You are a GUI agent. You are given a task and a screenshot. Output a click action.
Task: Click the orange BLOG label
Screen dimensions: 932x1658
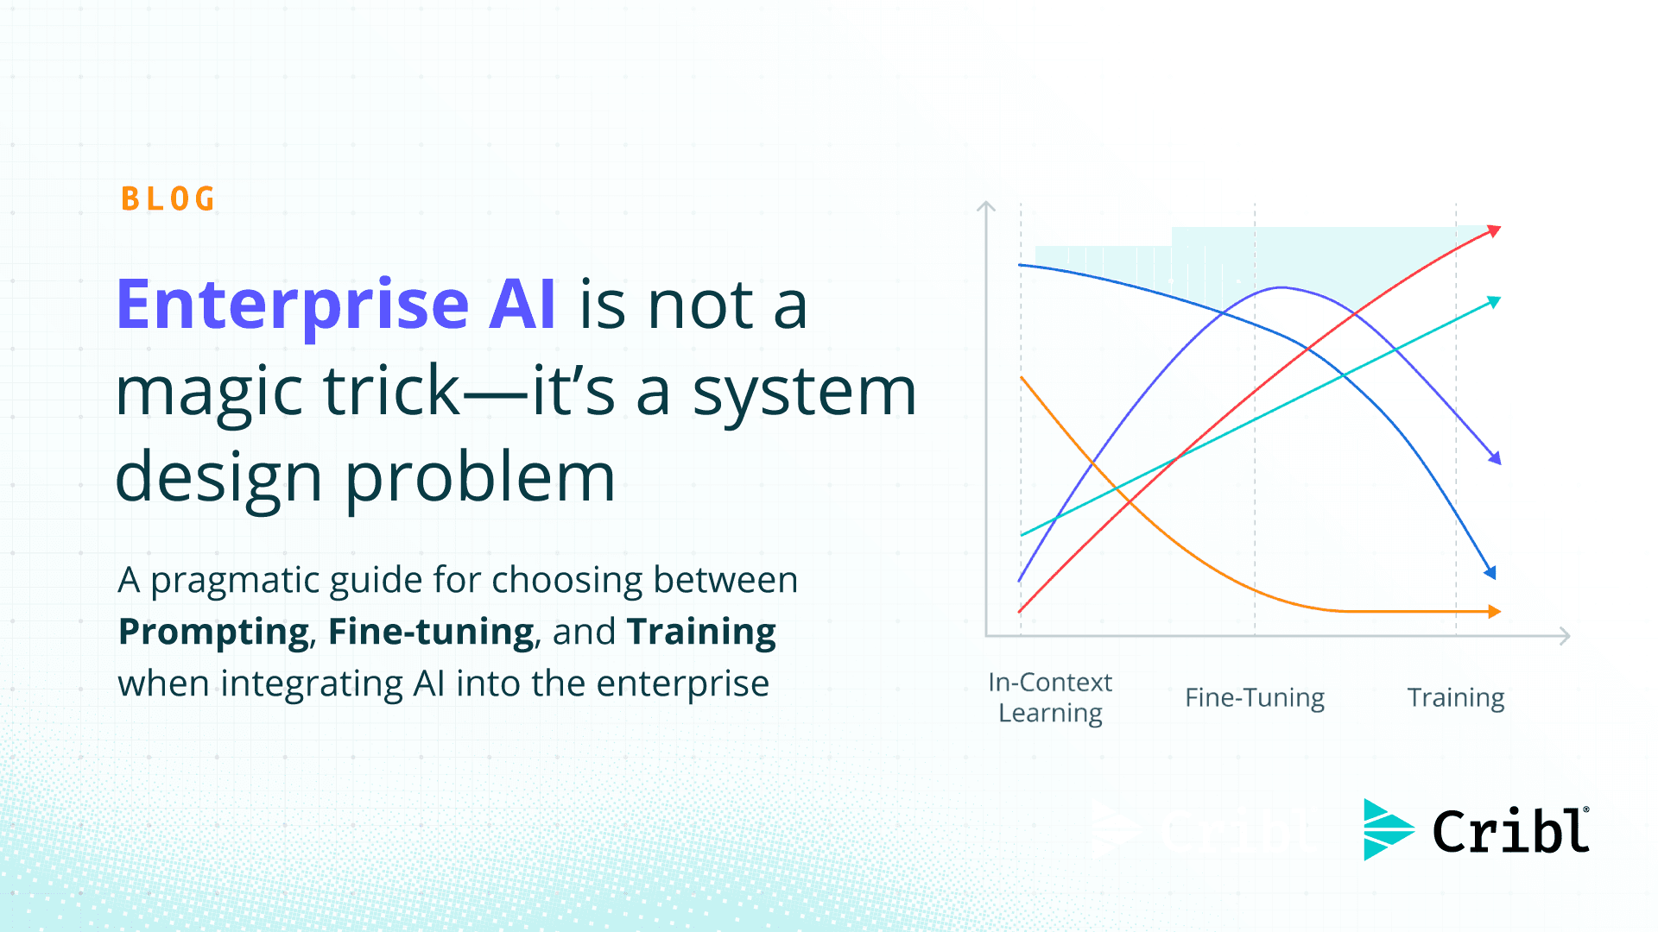168,199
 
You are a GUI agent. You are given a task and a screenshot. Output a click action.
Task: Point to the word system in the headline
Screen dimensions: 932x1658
804,391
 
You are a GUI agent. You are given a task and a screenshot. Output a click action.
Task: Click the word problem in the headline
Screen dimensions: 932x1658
480,477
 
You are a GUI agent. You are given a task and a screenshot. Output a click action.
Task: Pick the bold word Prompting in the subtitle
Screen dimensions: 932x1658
213,633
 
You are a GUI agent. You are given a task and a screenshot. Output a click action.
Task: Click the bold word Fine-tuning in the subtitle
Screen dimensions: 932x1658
431,633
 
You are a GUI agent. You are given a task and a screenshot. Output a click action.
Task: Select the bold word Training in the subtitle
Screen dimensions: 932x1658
701,633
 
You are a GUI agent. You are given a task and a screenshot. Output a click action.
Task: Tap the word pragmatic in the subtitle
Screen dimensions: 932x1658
236,581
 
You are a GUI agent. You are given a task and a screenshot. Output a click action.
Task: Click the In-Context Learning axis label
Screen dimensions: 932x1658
1050,697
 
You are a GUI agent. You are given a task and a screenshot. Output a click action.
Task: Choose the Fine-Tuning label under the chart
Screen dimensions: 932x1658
1254,697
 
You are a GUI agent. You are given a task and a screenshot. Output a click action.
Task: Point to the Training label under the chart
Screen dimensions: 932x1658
1455,697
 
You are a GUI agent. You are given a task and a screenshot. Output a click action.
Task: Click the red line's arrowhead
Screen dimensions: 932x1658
1494,231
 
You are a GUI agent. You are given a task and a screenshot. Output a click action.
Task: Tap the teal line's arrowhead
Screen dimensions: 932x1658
1494,302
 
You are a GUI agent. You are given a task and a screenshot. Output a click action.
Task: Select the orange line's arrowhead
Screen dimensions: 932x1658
1494,611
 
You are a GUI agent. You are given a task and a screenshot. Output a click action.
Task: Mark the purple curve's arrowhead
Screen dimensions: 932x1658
1495,458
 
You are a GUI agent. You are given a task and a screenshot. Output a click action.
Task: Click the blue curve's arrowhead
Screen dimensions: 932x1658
1490,571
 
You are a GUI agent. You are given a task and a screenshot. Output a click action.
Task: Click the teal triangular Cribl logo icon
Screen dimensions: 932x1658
1386,829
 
